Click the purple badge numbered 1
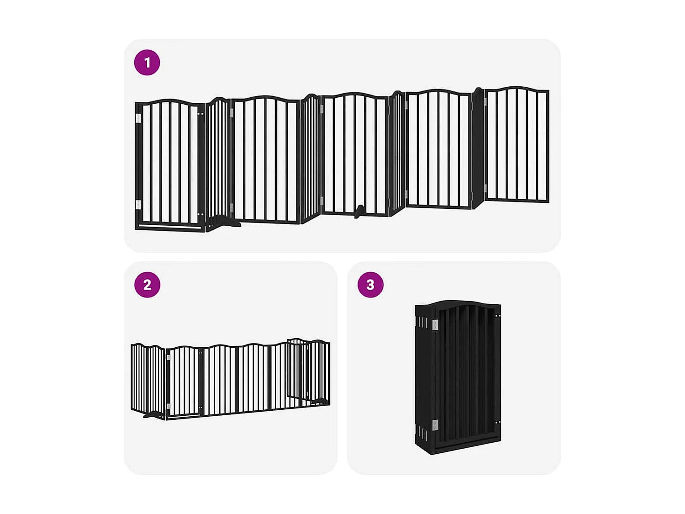[147, 63]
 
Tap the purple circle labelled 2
[147, 285]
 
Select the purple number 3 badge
[370, 285]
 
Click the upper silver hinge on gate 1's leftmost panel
[138, 118]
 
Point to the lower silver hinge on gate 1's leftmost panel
[138, 204]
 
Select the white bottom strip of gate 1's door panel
[169, 226]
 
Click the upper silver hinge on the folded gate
[435, 325]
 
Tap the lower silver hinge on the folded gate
[435, 425]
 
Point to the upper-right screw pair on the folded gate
[497, 316]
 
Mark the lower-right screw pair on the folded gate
[497, 423]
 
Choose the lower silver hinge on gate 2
[168, 406]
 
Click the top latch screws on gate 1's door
[200, 114]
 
